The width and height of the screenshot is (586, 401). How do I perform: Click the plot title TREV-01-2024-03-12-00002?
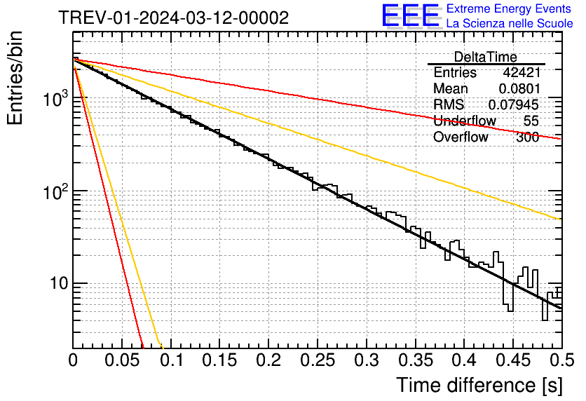(x=173, y=18)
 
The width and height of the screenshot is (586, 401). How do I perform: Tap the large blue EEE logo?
(x=410, y=16)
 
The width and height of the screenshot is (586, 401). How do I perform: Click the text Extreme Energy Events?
(x=510, y=9)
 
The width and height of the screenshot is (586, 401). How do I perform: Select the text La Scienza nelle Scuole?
(x=510, y=24)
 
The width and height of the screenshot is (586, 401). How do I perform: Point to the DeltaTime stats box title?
(x=485, y=57)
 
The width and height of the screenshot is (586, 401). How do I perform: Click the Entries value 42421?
(x=521, y=73)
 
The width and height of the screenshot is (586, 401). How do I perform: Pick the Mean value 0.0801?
(x=519, y=89)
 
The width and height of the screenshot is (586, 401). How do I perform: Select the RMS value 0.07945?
(x=514, y=105)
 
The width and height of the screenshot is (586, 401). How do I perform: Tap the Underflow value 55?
(x=531, y=121)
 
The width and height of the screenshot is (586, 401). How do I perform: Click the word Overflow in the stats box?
(x=461, y=137)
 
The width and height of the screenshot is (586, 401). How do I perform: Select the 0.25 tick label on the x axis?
(x=318, y=362)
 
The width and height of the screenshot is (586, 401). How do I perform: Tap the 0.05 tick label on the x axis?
(x=122, y=362)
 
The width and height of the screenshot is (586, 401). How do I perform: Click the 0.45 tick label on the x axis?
(x=513, y=362)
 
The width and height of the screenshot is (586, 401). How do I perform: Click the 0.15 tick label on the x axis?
(x=220, y=362)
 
